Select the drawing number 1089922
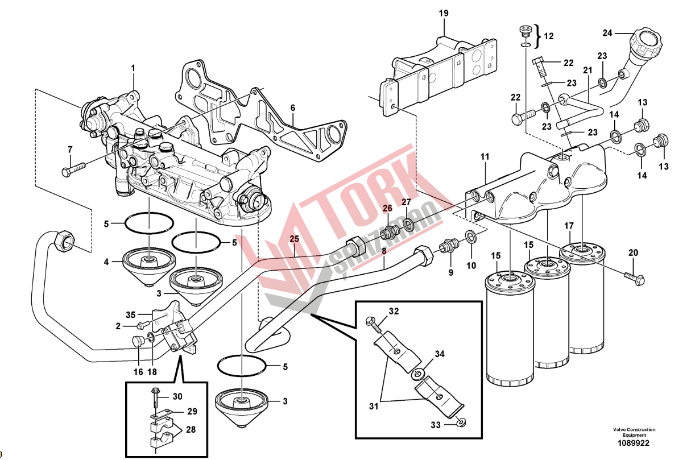pyautogui.click(x=634, y=443)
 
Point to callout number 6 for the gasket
pyautogui.click(x=292, y=107)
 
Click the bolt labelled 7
pyautogui.click(x=73, y=168)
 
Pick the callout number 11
pyautogui.click(x=484, y=155)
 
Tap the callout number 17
pyautogui.click(x=569, y=226)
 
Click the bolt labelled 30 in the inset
pyautogui.click(x=155, y=398)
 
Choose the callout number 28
pyautogui.click(x=191, y=430)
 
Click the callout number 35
pyautogui.click(x=131, y=314)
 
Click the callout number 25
pyautogui.click(x=294, y=238)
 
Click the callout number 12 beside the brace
pyautogui.click(x=548, y=36)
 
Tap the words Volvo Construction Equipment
pyautogui.click(x=634, y=432)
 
